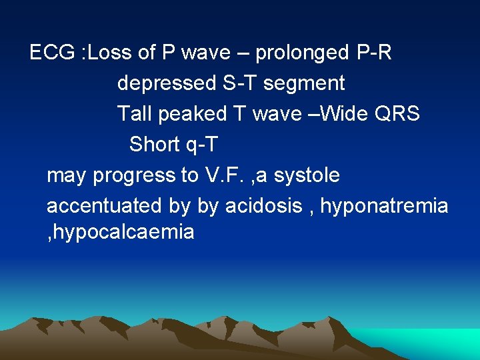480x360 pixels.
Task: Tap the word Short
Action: click(x=155, y=144)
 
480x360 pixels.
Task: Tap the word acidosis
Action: click(x=263, y=206)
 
